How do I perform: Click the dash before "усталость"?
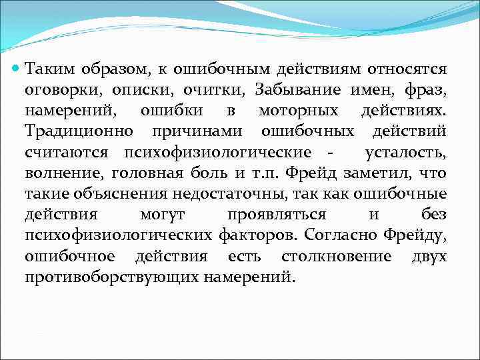[331, 153]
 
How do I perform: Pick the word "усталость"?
[406, 153]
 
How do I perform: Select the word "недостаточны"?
[231, 195]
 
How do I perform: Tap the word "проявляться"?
[276, 216]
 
